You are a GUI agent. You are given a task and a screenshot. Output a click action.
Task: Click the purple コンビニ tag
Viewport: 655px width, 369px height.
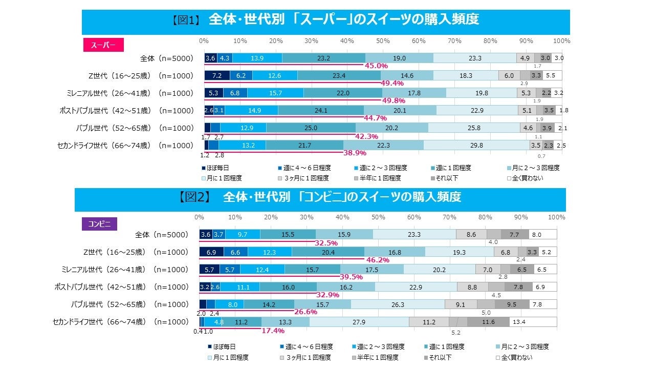pos(99,223)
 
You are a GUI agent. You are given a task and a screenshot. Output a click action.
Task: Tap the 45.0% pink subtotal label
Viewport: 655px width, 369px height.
pos(376,66)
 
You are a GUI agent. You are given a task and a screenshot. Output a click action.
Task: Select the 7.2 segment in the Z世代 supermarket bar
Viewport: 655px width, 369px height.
pos(216,75)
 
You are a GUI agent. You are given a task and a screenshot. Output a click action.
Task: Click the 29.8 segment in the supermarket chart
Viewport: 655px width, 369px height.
pos(476,146)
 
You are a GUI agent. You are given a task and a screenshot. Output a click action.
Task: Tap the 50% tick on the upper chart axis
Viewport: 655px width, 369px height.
pos(383,40)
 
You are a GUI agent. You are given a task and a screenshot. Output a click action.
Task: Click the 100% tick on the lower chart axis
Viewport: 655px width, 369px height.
pos(556,217)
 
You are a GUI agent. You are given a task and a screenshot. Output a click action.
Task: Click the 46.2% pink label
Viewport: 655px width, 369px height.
pos(377,260)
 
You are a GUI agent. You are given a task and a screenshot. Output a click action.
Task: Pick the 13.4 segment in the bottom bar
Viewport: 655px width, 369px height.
pos(533,322)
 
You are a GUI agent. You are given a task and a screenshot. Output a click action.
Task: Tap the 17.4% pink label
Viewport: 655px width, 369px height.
pos(273,331)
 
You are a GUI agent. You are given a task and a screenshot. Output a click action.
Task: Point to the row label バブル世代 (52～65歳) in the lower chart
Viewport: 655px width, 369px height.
pos(121,304)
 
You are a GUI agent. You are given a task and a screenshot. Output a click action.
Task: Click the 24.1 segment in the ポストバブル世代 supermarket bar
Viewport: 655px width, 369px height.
pos(320,111)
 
